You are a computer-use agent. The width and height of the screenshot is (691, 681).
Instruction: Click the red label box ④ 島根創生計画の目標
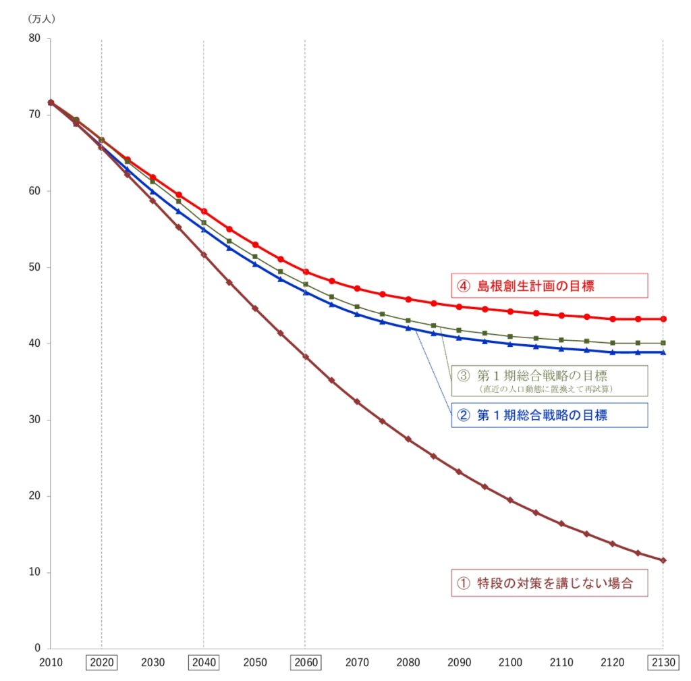549,285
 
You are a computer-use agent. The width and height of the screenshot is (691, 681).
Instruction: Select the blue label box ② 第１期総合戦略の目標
549,415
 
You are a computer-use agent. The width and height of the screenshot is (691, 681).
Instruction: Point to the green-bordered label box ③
549,380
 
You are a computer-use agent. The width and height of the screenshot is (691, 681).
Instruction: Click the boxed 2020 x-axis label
102,663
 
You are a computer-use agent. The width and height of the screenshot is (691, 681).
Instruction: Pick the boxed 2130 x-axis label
663,663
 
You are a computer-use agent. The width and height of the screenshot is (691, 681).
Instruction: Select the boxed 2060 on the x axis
305,663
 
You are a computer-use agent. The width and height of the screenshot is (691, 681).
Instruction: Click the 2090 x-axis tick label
459,663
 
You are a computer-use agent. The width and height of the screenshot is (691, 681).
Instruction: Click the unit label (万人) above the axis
41,19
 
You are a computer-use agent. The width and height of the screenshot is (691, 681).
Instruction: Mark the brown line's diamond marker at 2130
663,560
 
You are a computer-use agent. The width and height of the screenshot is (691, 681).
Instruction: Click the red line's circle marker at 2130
663,319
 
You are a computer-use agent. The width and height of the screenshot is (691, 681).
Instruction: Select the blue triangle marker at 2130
663,352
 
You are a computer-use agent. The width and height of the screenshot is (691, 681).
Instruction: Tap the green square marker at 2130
663,343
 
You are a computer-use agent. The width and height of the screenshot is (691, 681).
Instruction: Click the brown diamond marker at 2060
305,356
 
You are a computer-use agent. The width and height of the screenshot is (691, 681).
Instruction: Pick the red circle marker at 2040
204,211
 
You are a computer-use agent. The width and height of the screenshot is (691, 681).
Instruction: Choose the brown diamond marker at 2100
510,500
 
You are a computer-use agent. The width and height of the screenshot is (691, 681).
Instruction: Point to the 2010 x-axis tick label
51,663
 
